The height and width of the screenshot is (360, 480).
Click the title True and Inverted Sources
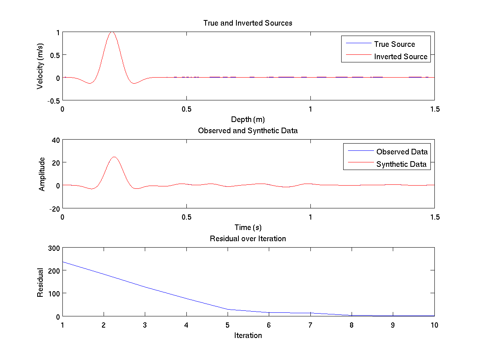tap(248, 23)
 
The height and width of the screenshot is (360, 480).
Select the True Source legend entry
tap(394, 44)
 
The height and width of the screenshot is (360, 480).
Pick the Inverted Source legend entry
tap(401, 56)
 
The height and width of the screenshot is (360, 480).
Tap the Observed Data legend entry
tap(402, 152)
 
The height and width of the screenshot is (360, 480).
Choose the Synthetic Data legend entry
tap(401, 164)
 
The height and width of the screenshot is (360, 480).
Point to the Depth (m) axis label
tap(248, 119)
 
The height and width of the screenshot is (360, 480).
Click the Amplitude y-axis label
tap(42, 174)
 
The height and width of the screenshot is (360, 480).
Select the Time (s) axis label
tap(248, 227)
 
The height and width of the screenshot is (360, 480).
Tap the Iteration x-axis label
tap(248, 335)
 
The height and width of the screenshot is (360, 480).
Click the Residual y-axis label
tap(40, 282)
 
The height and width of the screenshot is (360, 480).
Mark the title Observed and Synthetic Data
tap(248, 130)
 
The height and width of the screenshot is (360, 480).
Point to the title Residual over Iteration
tap(248, 238)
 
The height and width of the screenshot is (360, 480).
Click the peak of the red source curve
tap(112, 32)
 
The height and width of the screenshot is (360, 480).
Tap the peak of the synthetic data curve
tap(114, 157)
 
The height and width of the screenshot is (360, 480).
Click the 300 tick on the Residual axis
tap(54, 248)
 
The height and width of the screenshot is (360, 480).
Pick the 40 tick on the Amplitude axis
tap(55, 140)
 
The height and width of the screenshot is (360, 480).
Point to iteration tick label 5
tap(228, 325)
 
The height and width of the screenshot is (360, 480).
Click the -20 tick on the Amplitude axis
tap(54, 208)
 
